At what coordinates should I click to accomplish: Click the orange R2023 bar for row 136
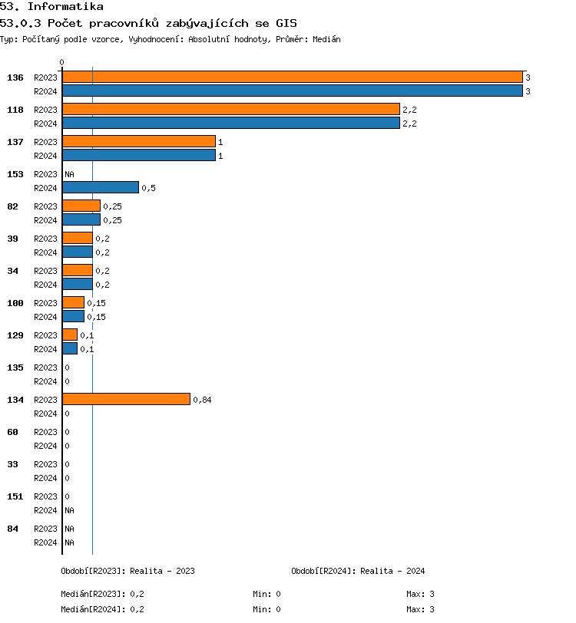(292, 77)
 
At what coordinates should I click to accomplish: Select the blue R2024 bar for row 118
(230, 123)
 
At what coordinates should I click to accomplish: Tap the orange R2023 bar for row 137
(138, 141)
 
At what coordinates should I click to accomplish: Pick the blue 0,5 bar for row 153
(100, 187)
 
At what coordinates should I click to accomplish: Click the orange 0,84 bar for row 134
(126, 399)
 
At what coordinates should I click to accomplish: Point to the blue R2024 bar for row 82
(81, 219)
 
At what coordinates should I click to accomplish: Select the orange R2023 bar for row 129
(69, 335)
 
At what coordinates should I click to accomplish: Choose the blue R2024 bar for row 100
(73, 316)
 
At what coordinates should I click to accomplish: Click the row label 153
(15, 174)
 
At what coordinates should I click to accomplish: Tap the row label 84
(12, 529)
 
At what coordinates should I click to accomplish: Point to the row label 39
(12, 239)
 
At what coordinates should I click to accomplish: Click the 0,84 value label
(202, 400)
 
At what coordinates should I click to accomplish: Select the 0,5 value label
(148, 188)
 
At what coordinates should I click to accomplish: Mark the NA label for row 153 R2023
(69, 174)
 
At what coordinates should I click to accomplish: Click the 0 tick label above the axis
(62, 62)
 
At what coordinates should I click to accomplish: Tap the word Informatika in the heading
(65, 7)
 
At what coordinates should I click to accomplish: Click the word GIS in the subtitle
(285, 23)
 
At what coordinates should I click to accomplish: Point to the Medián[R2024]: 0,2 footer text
(102, 609)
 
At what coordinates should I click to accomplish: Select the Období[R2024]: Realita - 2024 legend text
(358, 571)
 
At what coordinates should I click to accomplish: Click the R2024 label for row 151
(45, 510)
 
